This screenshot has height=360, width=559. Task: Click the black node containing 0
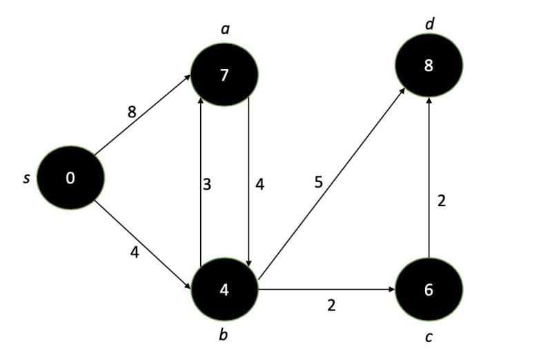tap(70, 179)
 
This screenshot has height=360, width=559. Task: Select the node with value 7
tap(224, 75)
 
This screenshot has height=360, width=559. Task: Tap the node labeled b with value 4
tap(224, 290)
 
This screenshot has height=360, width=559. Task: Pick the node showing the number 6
tap(429, 290)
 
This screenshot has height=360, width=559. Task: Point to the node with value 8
tap(429, 66)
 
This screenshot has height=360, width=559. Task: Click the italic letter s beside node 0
tap(27, 179)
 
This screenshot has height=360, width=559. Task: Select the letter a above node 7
tap(224, 30)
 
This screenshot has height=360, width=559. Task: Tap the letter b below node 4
tap(223, 336)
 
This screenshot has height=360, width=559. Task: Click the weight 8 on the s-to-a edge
tap(132, 111)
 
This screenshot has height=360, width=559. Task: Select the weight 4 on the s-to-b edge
tap(135, 252)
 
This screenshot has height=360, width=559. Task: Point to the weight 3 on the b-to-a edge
tap(206, 184)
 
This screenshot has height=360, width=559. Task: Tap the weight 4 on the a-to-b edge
tap(259, 184)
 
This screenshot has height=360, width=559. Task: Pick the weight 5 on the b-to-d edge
tap(318, 182)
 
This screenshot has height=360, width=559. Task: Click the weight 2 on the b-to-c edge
tap(331, 305)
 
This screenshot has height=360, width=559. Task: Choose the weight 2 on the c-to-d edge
tap(442, 201)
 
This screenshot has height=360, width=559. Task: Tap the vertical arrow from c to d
tap(429, 179)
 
